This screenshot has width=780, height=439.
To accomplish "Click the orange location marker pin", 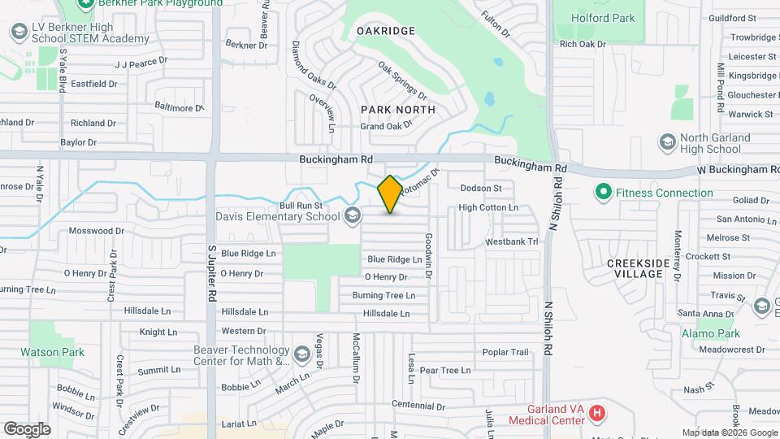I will (390, 194).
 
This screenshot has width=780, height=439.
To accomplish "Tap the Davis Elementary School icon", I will (352, 215).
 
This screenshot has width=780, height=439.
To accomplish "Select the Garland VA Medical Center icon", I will (597, 414).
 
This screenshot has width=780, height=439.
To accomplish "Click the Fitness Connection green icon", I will (603, 193).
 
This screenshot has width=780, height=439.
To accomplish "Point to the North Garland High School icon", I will (667, 143).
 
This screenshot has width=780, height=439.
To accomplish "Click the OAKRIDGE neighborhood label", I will (386, 31).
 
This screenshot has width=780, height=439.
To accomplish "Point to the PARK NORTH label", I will (398, 109).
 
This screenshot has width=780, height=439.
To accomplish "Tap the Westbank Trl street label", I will (511, 241).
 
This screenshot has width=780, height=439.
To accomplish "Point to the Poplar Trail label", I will (505, 352).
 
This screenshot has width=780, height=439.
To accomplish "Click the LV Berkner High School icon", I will (19, 32).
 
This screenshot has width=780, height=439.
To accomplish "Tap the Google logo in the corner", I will (27, 428).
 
